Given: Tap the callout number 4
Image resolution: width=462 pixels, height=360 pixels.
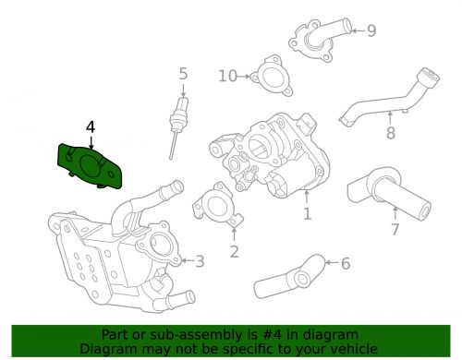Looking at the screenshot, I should [x=90, y=126].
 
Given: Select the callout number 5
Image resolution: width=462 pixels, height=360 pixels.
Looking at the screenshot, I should [x=183, y=73].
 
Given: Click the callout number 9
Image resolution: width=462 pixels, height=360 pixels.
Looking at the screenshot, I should [x=371, y=31].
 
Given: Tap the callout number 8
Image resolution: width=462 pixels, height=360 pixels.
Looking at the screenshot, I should [x=390, y=134].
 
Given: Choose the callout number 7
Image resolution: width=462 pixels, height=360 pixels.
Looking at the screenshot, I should [x=395, y=229].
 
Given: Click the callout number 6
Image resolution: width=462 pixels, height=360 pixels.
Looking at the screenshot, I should [x=346, y=264].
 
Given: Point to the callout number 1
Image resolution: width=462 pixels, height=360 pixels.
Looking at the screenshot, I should [x=307, y=215].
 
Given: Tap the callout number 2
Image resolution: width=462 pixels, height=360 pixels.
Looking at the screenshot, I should [x=234, y=250].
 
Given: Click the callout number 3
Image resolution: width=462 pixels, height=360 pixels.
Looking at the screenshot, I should [x=200, y=262].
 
